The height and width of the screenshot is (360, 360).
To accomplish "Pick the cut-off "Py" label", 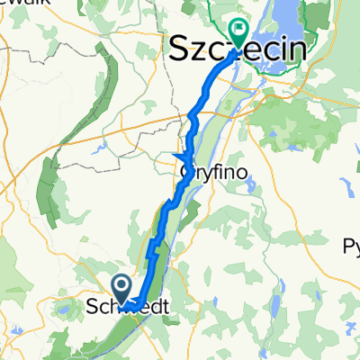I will click(x=351, y=246).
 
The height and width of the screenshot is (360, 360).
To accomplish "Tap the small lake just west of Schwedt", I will click(x=66, y=310).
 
